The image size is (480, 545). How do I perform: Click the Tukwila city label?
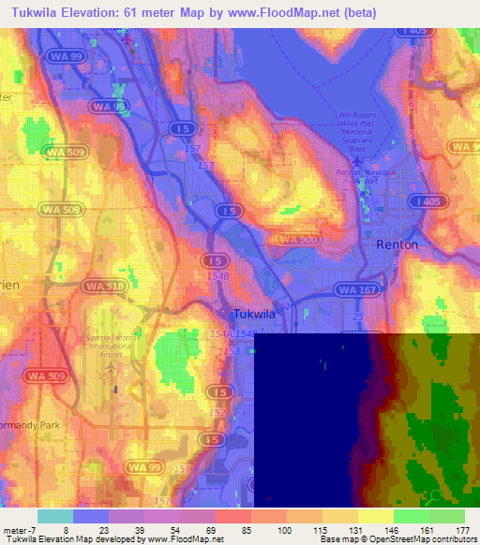254,315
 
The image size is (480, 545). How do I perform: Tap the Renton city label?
397,243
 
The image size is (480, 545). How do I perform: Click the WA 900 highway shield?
298,240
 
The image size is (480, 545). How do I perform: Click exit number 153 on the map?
230,351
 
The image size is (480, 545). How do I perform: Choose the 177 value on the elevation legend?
463,531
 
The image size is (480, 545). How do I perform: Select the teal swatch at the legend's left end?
55,516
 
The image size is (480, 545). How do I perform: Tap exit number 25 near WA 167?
357,318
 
